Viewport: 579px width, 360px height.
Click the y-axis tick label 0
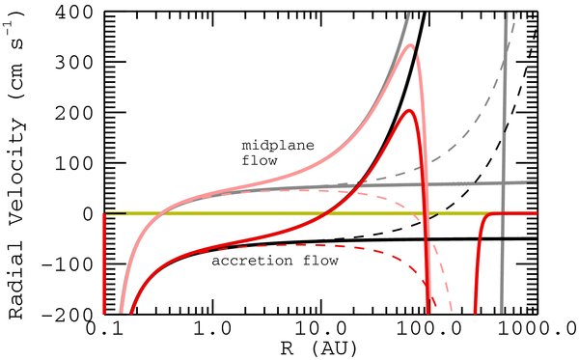88,213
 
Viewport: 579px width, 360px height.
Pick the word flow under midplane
259,161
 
